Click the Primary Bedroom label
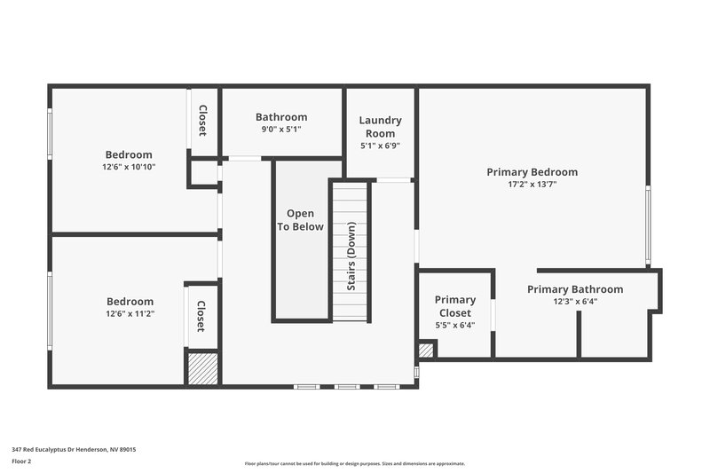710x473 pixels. (532, 172)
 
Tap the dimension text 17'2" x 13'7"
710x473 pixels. (532, 185)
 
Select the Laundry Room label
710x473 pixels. (380, 127)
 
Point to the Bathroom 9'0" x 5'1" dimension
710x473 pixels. (281, 130)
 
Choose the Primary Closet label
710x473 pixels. (455, 306)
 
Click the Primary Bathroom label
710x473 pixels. (575, 289)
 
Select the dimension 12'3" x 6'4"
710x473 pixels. (575, 302)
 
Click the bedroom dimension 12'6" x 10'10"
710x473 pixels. (129, 167)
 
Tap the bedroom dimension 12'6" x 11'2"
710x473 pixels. (130, 314)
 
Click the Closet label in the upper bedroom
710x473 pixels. (202, 121)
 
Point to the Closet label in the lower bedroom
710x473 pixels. (201, 317)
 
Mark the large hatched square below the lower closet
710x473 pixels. (202, 367)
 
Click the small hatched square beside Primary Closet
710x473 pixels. (426, 351)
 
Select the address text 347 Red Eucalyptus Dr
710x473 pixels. (74, 449)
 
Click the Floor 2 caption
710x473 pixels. (21, 461)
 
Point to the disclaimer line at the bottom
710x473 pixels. (354, 463)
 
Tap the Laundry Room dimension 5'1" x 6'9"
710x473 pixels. (380, 146)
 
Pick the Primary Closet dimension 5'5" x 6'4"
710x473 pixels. (455, 325)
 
